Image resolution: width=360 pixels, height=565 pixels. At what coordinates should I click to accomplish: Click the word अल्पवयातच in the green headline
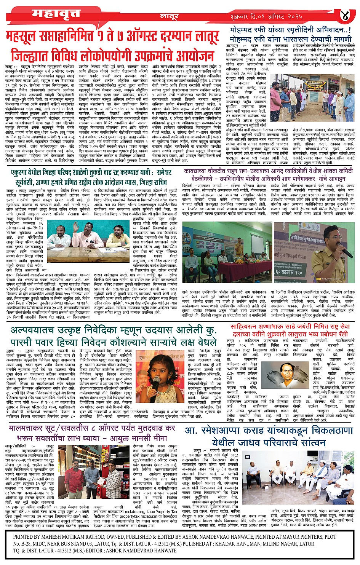pos(35,330)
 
